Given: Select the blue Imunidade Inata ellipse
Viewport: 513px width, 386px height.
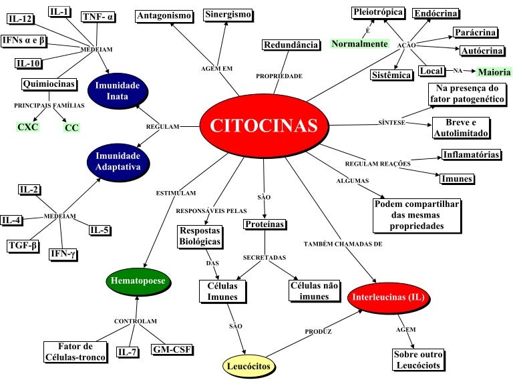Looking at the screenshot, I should pos(117,91).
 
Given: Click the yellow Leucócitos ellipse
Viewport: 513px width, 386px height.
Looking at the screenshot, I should pos(249,366).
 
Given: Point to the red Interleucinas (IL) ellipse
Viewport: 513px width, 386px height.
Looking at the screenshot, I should pos(387,297).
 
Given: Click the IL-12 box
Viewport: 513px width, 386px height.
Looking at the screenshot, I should pos(21,19).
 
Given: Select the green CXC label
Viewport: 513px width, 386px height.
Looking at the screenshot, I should pos(28,126).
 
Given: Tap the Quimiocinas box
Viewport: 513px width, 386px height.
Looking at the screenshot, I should pos(48,84).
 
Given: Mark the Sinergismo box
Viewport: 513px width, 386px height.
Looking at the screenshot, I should pos(228,15).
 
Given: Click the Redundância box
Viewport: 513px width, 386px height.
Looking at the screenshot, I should pos(291,45).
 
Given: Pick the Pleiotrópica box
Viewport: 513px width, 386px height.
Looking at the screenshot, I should pos(377,12).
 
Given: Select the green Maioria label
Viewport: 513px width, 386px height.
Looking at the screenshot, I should pos(493,72).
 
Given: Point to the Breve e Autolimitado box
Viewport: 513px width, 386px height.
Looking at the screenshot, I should pos(460,128).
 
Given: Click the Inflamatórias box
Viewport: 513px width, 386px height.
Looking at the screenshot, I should pos(472,155).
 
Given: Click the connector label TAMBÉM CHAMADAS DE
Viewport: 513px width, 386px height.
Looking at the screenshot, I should pos(343,244).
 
